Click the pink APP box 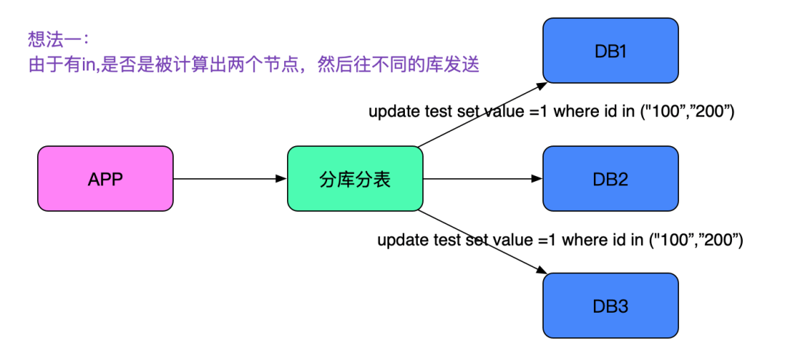[105, 179]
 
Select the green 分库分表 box [355, 179]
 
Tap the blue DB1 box [611, 52]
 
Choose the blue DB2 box [611, 179]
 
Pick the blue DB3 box [611, 306]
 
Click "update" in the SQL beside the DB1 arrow [393, 112]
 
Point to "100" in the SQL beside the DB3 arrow [672, 239]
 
